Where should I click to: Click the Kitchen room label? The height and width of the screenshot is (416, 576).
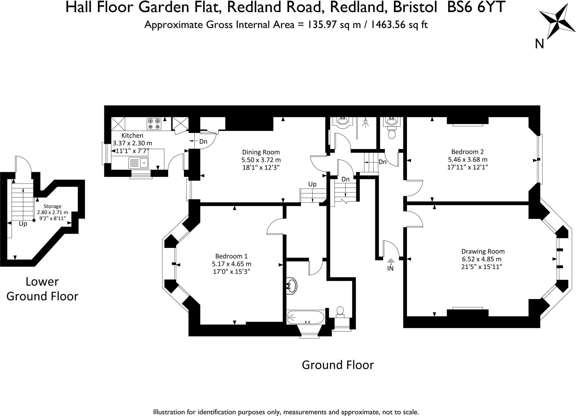point(132,135)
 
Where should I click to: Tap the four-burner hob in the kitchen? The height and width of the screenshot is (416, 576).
point(154,124)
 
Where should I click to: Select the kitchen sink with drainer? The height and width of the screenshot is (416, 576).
point(138,162)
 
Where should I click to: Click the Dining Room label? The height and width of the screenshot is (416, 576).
point(261,152)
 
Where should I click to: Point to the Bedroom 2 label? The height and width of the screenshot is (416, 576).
point(467,152)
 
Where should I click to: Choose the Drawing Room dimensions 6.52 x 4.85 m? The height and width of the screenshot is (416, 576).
point(481,259)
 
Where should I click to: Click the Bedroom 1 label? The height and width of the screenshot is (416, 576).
point(231,256)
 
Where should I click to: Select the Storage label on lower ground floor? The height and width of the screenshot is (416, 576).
point(52,207)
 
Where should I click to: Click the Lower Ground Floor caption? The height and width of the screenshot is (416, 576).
point(42,289)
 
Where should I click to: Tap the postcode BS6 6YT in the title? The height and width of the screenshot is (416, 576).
point(476,8)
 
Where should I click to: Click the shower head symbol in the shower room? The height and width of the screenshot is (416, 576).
point(365,123)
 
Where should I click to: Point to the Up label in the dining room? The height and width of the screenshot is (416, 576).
point(312,184)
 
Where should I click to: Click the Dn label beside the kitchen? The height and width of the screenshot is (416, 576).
point(203,142)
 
